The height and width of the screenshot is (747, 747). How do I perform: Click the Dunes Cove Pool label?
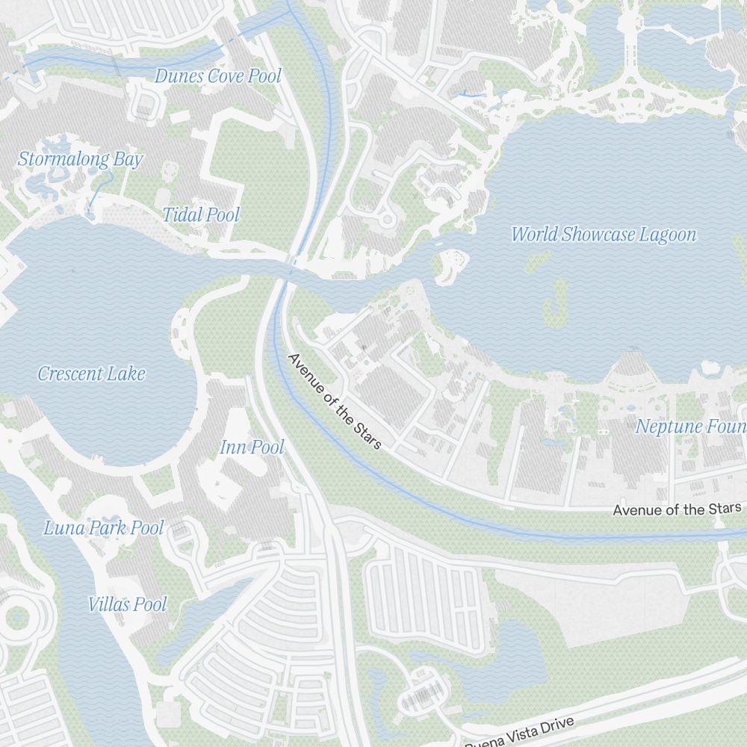[218, 76]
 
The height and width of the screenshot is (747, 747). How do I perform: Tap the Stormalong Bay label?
[80, 159]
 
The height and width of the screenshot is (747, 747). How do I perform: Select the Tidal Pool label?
[202, 215]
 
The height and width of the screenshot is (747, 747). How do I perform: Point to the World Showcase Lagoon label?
[604, 235]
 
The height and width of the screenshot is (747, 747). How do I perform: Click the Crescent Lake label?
[91, 373]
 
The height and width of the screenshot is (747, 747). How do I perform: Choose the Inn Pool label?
[252, 447]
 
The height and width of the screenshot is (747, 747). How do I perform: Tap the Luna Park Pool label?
[103, 528]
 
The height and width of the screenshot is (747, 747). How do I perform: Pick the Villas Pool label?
[127, 604]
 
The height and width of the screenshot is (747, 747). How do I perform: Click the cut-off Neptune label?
[690, 427]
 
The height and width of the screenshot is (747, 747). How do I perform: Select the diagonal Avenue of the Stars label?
[335, 402]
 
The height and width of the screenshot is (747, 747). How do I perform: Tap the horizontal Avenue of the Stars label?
[677, 509]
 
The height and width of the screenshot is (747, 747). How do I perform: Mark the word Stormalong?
[55, 159]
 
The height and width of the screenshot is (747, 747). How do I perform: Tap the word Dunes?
[179, 76]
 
